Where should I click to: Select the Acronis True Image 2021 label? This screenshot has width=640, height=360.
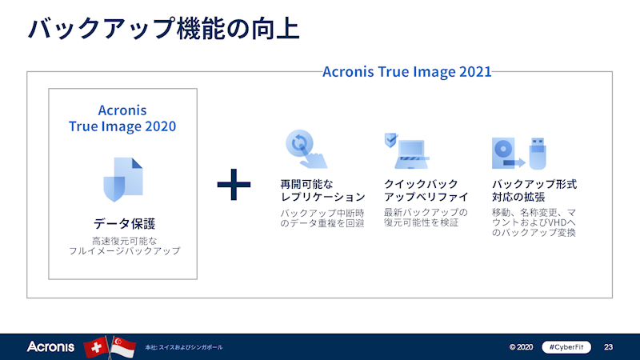[406, 71]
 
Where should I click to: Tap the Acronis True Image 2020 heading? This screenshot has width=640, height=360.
[122, 118]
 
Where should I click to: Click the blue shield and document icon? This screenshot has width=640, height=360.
[122, 178]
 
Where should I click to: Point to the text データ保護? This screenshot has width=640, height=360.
[122, 223]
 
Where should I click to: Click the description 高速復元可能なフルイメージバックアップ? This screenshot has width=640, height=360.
[122, 245]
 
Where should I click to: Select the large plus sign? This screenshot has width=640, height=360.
[234, 186]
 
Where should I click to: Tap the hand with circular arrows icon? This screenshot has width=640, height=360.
[305, 150]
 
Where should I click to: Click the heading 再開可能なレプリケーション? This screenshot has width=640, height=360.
[322, 190]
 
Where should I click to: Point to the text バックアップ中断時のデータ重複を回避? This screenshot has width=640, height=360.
[322, 218]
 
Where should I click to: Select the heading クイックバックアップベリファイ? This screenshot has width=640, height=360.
[426, 190]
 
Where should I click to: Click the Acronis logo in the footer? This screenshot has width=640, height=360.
[50, 347]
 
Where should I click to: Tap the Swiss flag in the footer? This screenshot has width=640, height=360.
[95, 347]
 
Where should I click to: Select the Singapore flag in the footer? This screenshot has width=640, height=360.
[122, 347]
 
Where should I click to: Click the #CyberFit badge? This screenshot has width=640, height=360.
[565, 347]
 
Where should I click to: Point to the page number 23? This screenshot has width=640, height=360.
[608, 347]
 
